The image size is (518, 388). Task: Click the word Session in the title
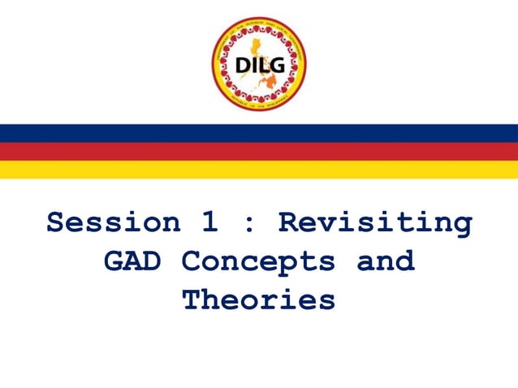[x=113, y=222]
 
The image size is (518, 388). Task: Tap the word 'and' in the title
[x=386, y=261]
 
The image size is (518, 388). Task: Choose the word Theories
[x=258, y=300]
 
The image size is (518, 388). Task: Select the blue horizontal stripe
[x=259, y=133]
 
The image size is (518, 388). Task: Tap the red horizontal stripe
[x=259, y=152]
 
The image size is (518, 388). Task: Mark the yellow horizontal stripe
[x=259, y=170]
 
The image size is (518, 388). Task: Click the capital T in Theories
[x=192, y=300]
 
